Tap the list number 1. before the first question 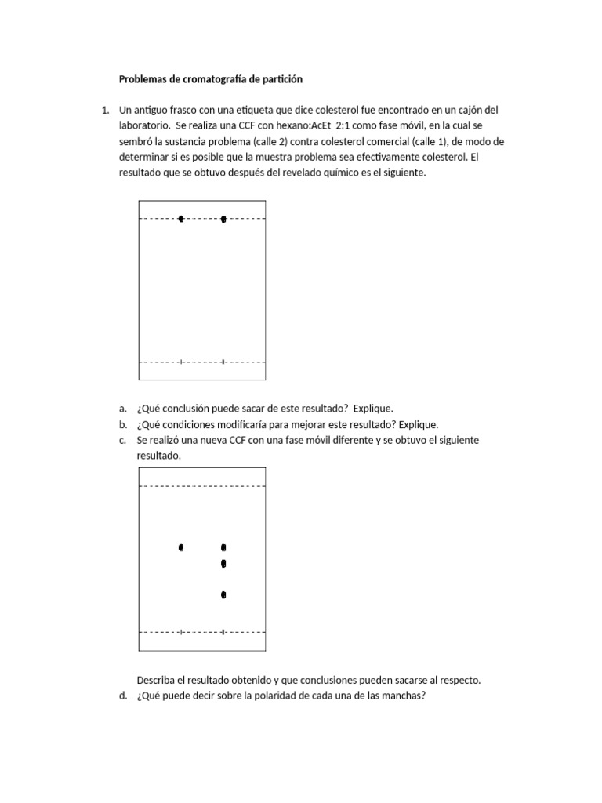(x=106, y=111)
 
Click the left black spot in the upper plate (x=181, y=219)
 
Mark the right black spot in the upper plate (x=223, y=219)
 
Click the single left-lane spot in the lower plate (x=181, y=547)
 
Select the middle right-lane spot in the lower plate (x=223, y=564)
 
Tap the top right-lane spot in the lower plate (x=223, y=547)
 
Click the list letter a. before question (x=123, y=409)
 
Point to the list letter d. (x=123, y=695)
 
